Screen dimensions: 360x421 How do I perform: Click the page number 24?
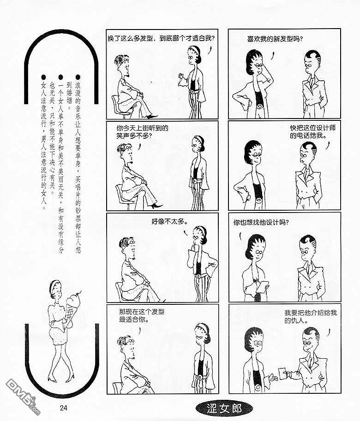[63, 408]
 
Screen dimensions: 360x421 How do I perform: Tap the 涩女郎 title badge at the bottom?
[224, 409]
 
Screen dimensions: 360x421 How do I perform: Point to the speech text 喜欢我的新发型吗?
[275, 39]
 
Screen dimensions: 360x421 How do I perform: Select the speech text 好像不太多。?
[169, 221]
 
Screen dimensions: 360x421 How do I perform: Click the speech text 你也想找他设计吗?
[261, 222]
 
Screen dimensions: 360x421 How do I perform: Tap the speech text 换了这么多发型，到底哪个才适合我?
[161, 38]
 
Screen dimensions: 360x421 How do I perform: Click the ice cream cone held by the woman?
[72, 307]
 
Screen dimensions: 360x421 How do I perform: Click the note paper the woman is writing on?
[263, 287]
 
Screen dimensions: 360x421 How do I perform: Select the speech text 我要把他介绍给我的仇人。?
[310, 316]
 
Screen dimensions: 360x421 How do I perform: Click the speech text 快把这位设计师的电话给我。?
[312, 131]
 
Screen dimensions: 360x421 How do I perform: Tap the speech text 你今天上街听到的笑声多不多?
[142, 132]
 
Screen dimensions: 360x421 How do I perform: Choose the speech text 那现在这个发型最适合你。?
[142, 316]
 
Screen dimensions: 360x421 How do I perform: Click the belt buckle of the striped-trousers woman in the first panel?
[192, 91]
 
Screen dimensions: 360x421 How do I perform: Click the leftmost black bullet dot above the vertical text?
[43, 77]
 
